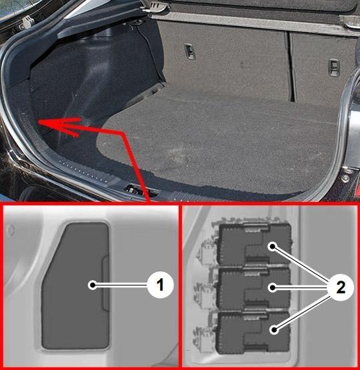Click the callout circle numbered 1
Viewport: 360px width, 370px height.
pos(161,285)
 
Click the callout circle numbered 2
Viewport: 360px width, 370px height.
pos(341,288)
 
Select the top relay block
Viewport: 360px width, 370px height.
pos(254,245)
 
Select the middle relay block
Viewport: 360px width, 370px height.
pos(254,289)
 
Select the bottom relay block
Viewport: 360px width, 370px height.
pos(254,333)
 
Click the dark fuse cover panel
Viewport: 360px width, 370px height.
pos(75,286)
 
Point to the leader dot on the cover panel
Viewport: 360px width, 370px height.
pos(93,285)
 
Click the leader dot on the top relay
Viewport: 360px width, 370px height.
pos(273,247)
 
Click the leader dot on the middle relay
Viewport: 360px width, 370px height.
pos(273,287)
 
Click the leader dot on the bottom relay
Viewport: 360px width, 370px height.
pos(273,329)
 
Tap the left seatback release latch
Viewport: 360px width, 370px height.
pos(190,51)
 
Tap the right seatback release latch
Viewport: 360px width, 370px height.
pos(333,67)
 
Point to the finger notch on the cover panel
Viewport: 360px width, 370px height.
pos(105,283)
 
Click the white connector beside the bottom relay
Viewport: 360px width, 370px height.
pos(203,335)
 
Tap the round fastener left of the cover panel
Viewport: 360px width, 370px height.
pos(11,230)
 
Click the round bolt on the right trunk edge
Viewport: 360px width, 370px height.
pos(346,178)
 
